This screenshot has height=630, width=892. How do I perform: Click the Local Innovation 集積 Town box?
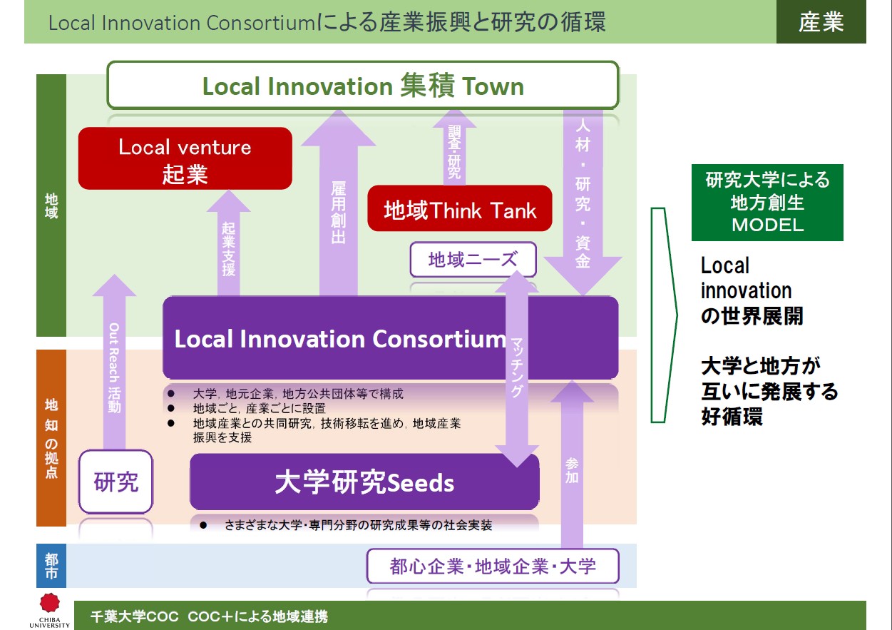click(x=363, y=85)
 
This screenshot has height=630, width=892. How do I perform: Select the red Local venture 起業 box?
click(x=185, y=158)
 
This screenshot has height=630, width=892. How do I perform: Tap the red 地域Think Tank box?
click(x=459, y=208)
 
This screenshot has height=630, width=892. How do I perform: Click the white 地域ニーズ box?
click(x=473, y=260)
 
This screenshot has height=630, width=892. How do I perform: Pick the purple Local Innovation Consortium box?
click(x=390, y=338)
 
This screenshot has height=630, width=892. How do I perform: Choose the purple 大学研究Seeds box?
click(x=364, y=482)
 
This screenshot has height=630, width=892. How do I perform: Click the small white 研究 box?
click(x=116, y=482)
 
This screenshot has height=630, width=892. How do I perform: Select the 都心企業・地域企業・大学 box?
click(x=493, y=566)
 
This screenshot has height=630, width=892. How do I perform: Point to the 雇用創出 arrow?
click(x=339, y=203)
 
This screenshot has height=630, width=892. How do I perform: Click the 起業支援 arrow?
click(x=229, y=243)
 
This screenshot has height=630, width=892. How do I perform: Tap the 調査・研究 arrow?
click(x=454, y=148)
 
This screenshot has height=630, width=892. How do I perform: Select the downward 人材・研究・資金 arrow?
click(x=583, y=203)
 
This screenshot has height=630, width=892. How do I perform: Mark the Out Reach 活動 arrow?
click(x=114, y=362)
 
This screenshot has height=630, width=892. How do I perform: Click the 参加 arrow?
click(x=573, y=464)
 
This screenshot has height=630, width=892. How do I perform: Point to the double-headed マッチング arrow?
click(x=517, y=369)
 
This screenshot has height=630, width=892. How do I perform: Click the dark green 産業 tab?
click(x=821, y=21)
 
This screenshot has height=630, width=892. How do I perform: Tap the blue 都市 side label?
click(x=51, y=566)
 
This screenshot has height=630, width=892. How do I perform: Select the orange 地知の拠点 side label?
click(x=51, y=438)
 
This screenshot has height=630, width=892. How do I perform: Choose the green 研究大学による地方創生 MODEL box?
click(x=767, y=203)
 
